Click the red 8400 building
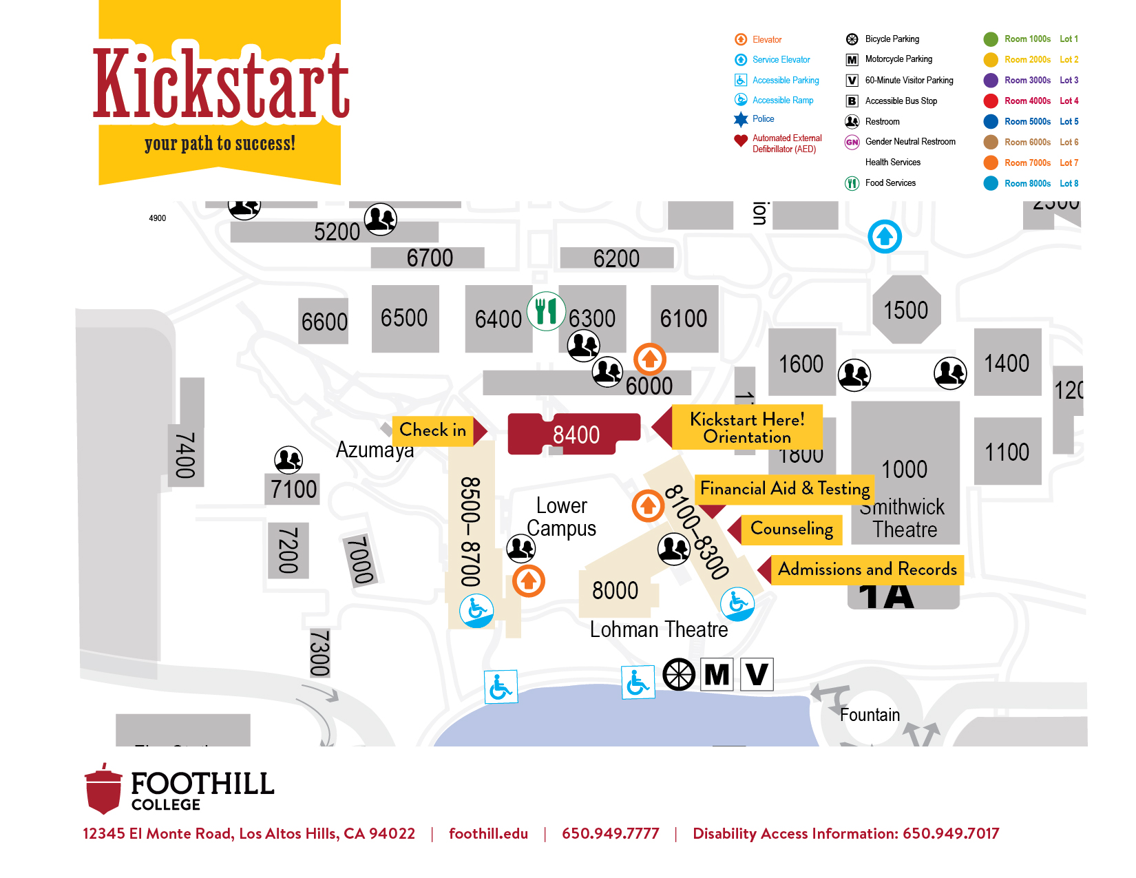click(575, 435)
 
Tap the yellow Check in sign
click(433, 430)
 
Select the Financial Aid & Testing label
click(784, 489)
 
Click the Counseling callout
click(791, 529)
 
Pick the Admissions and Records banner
click(867, 569)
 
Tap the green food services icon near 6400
click(546, 311)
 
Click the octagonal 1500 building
click(905, 310)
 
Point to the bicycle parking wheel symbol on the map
click(679, 674)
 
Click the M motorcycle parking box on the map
click(717, 674)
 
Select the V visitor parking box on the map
click(757, 674)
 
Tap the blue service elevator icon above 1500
click(885, 237)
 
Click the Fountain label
click(870, 715)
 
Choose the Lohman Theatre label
click(658, 629)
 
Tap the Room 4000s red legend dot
click(991, 101)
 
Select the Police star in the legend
click(741, 120)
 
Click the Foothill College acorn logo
click(103, 788)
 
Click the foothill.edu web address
click(488, 834)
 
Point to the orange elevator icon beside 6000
click(649, 359)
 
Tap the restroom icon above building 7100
click(288, 459)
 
